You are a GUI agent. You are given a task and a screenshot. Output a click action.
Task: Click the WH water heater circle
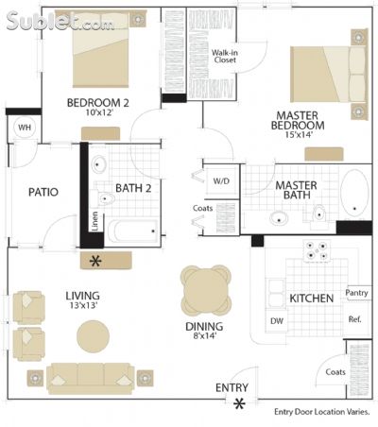(25, 128)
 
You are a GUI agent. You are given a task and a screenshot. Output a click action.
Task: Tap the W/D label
(221, 181)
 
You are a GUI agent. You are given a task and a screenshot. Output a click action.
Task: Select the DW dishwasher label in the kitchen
(277, 321)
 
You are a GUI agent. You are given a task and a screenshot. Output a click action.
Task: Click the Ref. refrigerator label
(354, 319)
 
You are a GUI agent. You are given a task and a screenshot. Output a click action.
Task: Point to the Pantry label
(356, 293)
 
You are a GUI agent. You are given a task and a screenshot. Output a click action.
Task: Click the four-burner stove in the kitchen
(317, 250)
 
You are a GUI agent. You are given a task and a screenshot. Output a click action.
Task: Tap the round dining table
(206, 290)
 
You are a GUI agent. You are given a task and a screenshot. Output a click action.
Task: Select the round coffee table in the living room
(94, 336)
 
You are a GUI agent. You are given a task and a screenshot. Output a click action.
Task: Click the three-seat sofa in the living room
(91, 379)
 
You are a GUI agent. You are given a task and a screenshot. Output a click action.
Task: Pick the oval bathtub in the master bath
(354, 193)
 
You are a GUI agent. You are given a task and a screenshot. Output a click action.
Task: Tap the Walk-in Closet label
(225, 56)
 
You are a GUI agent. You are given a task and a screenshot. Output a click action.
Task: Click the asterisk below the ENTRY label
(239, 403)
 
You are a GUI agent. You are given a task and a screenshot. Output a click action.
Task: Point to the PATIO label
(43, 192)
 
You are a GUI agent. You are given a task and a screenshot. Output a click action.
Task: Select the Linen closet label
(94, 221)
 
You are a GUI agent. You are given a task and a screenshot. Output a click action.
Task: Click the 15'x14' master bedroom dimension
(299, 135)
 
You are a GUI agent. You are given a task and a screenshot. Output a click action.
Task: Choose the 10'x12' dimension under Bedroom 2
(99, 112)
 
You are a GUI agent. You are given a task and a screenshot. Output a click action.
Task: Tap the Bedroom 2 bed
(101, 48)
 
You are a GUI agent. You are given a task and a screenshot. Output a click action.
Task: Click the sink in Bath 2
(99, 164)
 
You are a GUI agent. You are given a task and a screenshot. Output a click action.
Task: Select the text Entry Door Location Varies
(322, 412)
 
